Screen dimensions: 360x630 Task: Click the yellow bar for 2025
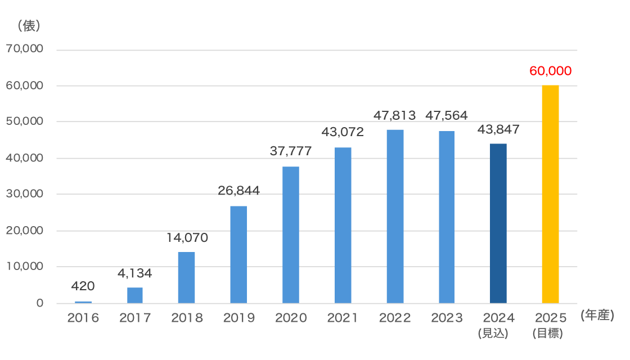click(x=550, y=194)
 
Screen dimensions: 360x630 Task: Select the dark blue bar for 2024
click(x=498, y=223)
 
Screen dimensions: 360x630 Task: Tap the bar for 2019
click(x=238, y=254)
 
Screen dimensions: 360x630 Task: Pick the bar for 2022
click(x=395, y=217)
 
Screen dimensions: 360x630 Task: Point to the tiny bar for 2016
click(x=83, y=302)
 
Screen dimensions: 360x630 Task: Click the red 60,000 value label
click(x=550, y=71)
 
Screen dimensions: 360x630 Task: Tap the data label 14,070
click(x=187, y=238)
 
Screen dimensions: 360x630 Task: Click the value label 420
click(x=83, y=286)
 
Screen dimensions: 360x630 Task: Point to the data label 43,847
click(x=498, y=129)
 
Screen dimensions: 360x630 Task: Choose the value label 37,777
click(x=290, y=151)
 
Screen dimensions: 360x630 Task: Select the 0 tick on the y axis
click(x=40, y=303)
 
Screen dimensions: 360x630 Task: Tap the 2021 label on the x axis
click(x=343, y=318)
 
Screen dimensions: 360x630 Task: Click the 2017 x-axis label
click(x=135, y=318)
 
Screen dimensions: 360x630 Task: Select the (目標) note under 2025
click(x=547, y=333)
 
